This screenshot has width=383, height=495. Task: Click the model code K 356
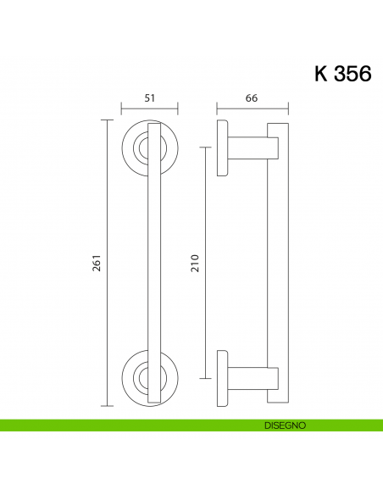tap(342, 74)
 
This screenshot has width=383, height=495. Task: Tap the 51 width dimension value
tap(149, 98)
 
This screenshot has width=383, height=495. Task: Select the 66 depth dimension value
tap(252, 98)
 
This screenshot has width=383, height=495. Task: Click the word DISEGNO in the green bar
tap(284, 424)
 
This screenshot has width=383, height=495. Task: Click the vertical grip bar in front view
tap(153, 263)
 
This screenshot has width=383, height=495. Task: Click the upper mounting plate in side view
tap(222, 148)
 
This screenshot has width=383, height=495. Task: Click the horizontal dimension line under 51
tap(149, 108)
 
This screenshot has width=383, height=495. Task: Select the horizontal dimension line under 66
tap(253, 108)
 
